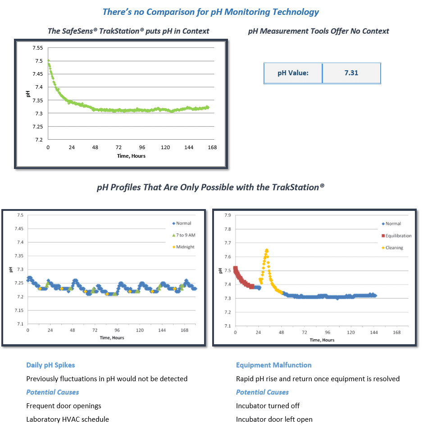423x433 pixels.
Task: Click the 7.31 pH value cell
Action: (351, 73)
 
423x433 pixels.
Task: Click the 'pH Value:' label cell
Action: (293, 73)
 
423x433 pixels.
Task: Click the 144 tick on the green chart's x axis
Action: (189, 147)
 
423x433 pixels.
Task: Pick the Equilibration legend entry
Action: (396, 236)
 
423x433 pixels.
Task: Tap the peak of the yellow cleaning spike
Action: (267, 250)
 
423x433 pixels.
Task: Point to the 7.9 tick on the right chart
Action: (228, 215)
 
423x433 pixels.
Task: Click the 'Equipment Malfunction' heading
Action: (273, 365)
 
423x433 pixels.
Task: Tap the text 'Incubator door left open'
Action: (274, 419)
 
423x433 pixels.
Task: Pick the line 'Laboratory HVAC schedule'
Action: (67, 419)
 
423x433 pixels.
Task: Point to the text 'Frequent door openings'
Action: (64, 406)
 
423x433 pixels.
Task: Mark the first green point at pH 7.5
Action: (48, 60)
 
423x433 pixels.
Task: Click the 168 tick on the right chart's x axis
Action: (397, 333)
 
